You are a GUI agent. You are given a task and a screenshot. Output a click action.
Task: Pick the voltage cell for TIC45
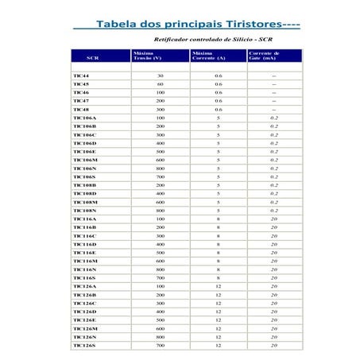[160, 83]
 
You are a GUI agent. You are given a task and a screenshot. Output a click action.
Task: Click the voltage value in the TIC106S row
[160, 176]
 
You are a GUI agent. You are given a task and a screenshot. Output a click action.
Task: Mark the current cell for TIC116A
[219, 219]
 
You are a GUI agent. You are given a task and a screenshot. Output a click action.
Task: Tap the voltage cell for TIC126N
[160, 337]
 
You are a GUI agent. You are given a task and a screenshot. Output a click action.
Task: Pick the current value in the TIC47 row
[219, 101]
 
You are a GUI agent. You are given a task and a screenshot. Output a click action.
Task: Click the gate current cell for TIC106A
[274, 118]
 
